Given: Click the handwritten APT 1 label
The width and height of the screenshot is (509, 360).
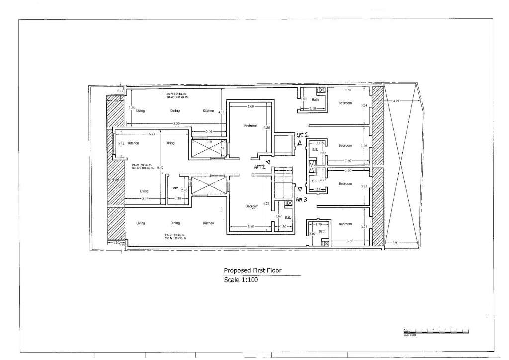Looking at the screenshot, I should [x=302, y=135].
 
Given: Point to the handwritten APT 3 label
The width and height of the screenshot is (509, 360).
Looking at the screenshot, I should [x=302, y=199].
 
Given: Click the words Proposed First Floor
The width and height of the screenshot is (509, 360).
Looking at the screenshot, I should [x=252, y=270].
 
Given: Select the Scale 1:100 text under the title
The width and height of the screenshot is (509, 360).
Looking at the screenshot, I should [x=241, y=280].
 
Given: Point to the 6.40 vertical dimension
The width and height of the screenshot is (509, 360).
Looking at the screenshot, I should [x=160, y=168].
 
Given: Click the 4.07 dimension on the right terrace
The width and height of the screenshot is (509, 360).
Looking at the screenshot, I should [x=396, y=101].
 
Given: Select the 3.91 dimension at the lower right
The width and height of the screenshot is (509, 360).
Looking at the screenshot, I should [x=396, y=243].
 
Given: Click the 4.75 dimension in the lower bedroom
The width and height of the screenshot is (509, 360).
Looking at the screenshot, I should [x=266, y=203].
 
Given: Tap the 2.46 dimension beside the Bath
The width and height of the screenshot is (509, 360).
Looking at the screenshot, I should [x=184, y=190].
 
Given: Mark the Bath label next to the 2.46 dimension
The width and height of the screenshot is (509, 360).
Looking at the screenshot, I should [x=175, y=188].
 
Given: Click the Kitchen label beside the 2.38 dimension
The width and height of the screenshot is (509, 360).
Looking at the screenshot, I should [x=133, y=143].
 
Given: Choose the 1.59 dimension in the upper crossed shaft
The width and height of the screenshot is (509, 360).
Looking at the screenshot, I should [x=222, y=148].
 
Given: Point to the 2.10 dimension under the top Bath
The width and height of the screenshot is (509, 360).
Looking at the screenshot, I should [x=313, y=108].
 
